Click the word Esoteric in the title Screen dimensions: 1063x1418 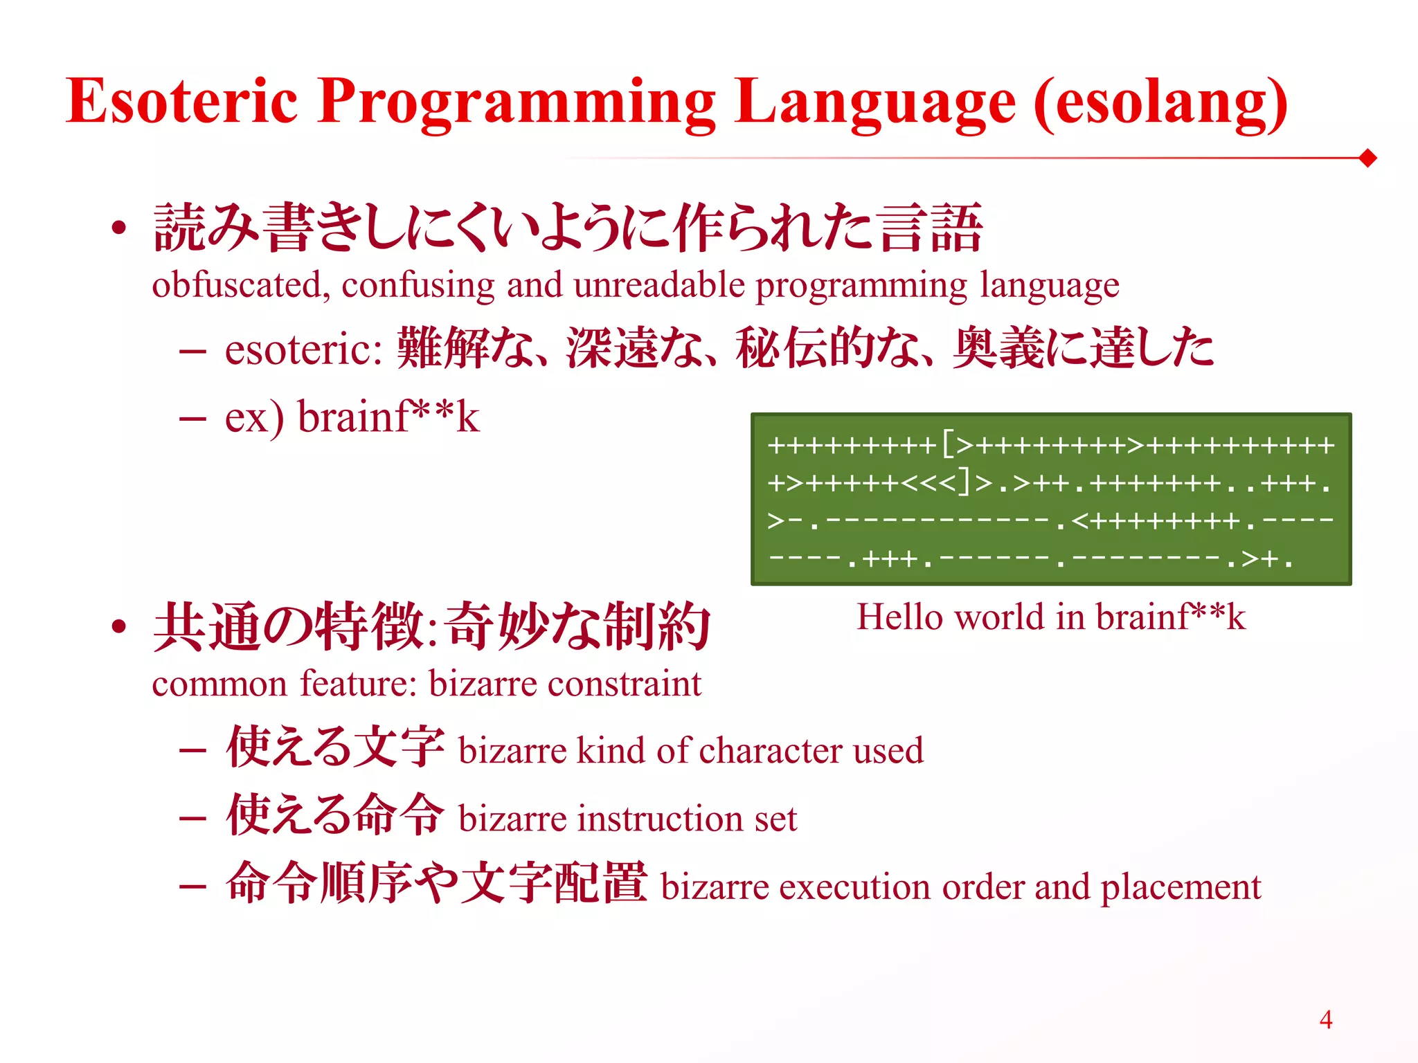[x=181, y=101]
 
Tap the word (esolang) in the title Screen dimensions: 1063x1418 [x=1160, y=104]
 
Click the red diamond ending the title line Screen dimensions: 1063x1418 [x=1367, y=158]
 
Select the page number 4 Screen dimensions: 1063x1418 [x=1325, y=1019]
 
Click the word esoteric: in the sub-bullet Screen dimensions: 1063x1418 [x=303, y=349]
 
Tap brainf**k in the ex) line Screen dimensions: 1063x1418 [x=388, y=417]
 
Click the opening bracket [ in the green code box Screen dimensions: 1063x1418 [x=947, y=444]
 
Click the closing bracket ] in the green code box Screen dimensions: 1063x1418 [x=964, y=482]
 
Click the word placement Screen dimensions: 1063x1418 [x=1181, y=888]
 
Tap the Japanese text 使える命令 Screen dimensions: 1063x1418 [x=335, y=815]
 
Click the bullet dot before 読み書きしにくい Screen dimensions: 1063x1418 [x=119, y=228]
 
